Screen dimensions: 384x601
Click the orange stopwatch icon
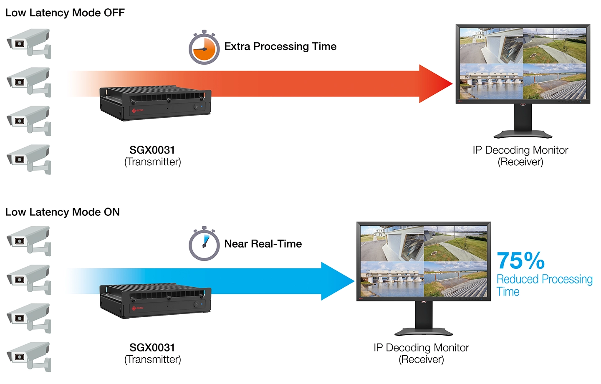pyautogui.click(x=204, y=48)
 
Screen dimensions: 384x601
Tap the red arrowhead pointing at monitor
pyautogui.click(x=434, y=83)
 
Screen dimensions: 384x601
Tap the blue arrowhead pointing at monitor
pyautogui.click(x=336, y=281)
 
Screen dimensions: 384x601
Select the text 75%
pyautogui.click(x=520, y=261)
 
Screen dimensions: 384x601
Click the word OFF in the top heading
pyautogui.click(x=114, y=13)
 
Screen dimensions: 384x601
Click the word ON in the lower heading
pyautogui.click(x=111, y=212)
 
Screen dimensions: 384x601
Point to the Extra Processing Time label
pyautogui.click(x=280, y=46)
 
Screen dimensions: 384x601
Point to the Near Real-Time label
pyautogui.click(x=263, y=244)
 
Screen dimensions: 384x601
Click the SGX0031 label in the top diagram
pyautogui.click(x=152, y=150)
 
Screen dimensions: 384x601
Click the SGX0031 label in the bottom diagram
pyautogui.click(x=152, y=347)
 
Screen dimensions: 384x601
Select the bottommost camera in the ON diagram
pyautogui.click(x=28, y=356)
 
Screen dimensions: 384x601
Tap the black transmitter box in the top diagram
pyautogui.click(x=155, y=104)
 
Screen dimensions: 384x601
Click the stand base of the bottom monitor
pyautogui.click(x=424, y=332)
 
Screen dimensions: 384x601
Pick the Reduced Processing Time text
pyautogui.click(x=544, y=285)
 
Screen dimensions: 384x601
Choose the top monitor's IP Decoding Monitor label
pyautogui.click(x=520, y=150)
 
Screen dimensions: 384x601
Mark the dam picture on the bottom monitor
pyautogui.click(x=391, y=280)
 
